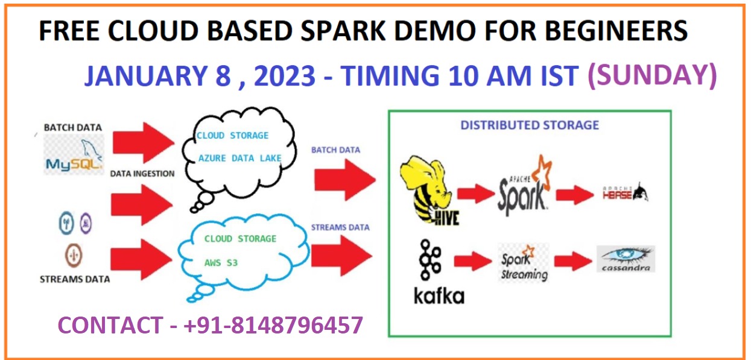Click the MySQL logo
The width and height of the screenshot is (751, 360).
coord(74,155)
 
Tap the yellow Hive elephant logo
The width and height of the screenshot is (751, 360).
coord(429,190)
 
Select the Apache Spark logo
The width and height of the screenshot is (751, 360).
coord(524,186)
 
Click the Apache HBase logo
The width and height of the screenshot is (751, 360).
coord(626,193)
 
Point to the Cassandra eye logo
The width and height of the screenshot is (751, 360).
coord(626,259)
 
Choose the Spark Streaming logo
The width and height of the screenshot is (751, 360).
coord(524,263)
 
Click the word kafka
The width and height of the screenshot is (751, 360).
coord(439,296)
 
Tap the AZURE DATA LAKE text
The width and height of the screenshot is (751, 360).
coord(239,158)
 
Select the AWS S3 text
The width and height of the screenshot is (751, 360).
coord(221,263)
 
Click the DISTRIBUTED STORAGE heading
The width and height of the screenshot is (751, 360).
coord(530,125)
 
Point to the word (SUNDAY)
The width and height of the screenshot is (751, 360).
coord(653,75)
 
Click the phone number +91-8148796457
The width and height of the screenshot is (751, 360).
coord(273,325)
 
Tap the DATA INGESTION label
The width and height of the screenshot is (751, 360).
coord(142,174)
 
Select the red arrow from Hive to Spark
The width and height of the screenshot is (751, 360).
coord(476,194)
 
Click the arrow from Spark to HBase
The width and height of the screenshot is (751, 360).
coord(575,194)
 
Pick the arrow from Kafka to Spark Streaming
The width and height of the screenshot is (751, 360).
coord(473,261)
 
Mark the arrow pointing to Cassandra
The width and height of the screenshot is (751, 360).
coord(573,261)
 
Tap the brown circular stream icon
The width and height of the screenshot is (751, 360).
coord(74,256)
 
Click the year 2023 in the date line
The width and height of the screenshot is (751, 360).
coord(285,75)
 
